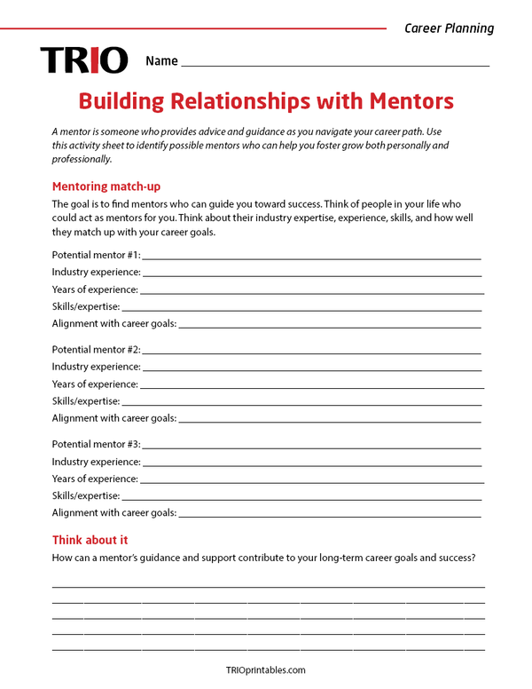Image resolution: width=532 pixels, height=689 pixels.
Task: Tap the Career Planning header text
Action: (449, 28)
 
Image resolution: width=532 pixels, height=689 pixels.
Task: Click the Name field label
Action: (161, 61)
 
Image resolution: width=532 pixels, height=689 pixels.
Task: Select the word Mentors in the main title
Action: (404, 99)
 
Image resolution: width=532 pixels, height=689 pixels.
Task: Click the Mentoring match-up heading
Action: (106, 186)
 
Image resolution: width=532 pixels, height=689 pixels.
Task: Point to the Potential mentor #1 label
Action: (96, 254)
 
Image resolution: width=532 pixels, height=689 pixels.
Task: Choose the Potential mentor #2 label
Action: (96, 349)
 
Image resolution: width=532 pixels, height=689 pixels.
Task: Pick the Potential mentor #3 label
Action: (96, 444)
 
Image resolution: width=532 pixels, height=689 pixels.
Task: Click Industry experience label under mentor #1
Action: (96, 272)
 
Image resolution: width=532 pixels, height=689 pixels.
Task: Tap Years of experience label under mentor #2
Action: (95, 384)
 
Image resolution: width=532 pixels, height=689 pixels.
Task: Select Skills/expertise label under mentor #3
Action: (85, 495)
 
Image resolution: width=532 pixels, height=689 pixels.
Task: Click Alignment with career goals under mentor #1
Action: (113, 323)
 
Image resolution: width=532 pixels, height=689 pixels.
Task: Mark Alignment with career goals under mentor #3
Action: (113, 512)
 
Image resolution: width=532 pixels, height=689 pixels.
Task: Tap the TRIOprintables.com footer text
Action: (266, 670)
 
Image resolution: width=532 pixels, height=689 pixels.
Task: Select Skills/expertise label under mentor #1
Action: (85, 306)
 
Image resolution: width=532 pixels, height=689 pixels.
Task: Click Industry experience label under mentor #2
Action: (96, 367)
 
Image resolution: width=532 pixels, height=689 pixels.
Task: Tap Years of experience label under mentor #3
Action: (95, 479)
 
